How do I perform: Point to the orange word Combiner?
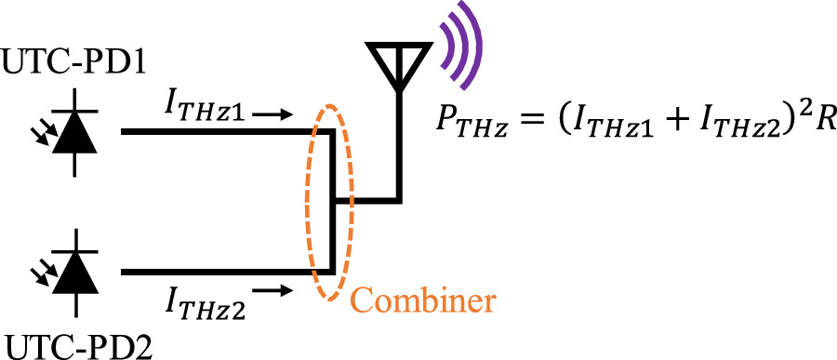(x=423, y=300)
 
